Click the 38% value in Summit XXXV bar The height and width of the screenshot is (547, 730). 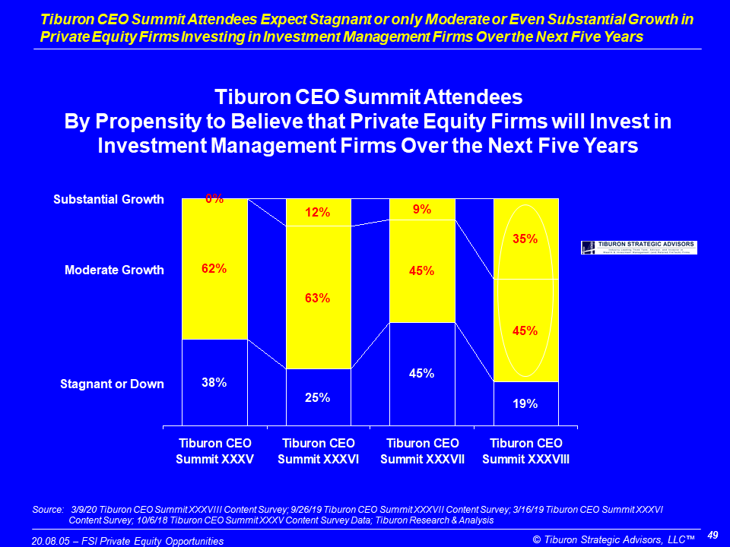(x=214, y=383)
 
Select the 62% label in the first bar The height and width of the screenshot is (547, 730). (x=214, y=268)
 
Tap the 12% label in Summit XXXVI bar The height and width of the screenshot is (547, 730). (x=318, y=213)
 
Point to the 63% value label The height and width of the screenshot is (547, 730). (x=318, y=298)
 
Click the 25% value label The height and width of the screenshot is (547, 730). (x=318, y=397)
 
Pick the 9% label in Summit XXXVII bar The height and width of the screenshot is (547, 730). (x=422, y=209)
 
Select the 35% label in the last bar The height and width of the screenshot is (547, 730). (x=525, y=239)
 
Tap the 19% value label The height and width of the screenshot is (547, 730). (x=525, y=404)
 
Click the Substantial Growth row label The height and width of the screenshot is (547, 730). (x=109, y=200)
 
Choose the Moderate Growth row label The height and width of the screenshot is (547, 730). (x=114, y=270)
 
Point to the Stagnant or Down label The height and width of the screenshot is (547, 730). (x=112, y=384)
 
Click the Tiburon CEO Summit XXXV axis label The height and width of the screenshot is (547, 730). (x=214, y=451)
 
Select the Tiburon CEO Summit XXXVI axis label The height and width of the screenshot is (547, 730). (x=318, y=451)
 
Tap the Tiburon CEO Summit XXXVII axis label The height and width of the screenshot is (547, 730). (x=422, y=451)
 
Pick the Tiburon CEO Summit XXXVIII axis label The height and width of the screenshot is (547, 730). (x=525, y=451)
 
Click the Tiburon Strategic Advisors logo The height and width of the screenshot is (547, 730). (x=638, y=248)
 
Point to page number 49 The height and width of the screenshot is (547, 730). (x=713, y=536)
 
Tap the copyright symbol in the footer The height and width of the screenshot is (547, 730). (x=537, y=539)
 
